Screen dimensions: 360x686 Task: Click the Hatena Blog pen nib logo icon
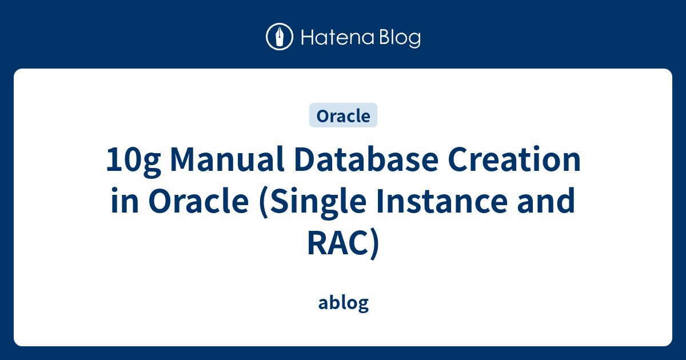click(280, 37)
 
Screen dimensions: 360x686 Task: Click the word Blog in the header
click(398, 38)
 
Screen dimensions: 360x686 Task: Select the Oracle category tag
click(343, 116)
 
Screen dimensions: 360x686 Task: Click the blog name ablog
click(343, 303)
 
